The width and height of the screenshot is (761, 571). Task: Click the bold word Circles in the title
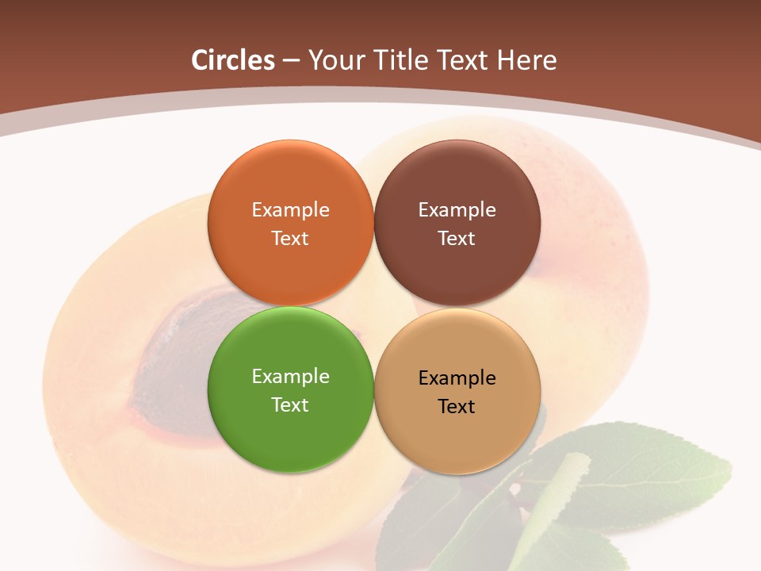[233, 59]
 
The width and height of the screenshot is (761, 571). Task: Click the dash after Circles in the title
[291, 60]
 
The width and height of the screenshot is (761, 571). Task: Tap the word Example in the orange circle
[290, 210]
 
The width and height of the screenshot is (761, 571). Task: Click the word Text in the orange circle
[290, 238]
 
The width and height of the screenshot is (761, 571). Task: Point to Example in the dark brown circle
[457, 210]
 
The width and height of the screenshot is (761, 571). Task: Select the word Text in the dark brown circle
[457, 238]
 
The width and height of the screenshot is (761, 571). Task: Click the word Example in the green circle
[290, 377]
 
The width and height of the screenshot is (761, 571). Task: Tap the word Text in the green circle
[290, 404]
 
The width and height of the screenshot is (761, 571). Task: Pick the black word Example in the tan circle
[457, 378]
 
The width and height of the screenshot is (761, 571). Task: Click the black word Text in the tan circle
[457, 406]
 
